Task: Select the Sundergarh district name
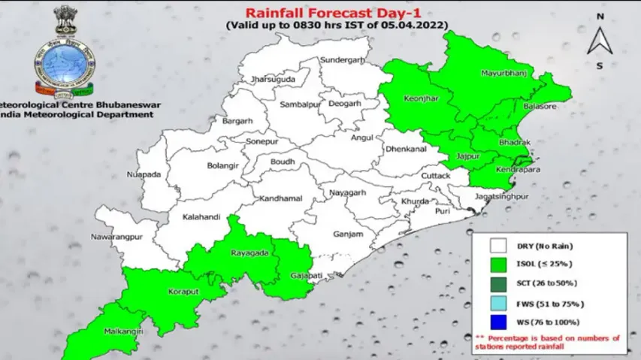pos(341,59)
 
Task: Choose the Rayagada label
pos(249,253)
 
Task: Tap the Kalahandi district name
pos(200,217)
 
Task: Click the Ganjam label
pos(346,233)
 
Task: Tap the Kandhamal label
pos(280,198)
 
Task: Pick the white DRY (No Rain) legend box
pos(497,246)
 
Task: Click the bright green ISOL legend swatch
pos(497,265)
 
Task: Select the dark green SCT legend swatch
pos(497,284)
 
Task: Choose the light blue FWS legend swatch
pos(497,304)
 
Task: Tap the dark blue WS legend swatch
pos(497,323)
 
